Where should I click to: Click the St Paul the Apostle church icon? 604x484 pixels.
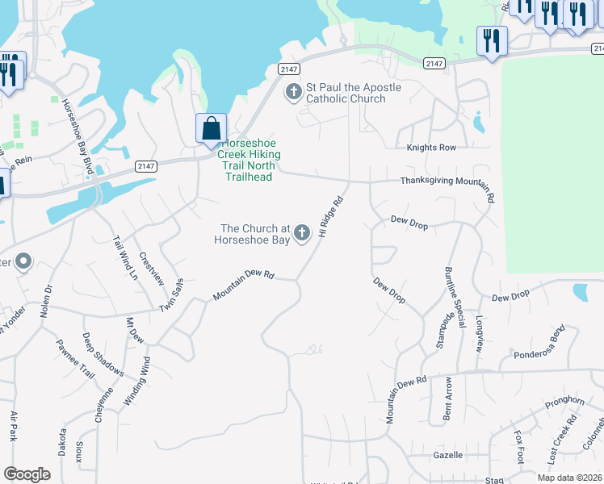point(292,92)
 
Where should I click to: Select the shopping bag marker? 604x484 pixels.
point(211,129)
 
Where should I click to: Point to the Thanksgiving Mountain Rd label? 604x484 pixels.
point(447,181)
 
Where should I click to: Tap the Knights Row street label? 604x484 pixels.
point(431,148)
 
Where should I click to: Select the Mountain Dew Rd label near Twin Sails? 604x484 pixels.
point(243,286)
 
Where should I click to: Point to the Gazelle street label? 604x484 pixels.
point(447,455)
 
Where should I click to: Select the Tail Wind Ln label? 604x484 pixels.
point(124,257)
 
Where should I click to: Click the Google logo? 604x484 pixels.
point(27,474)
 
